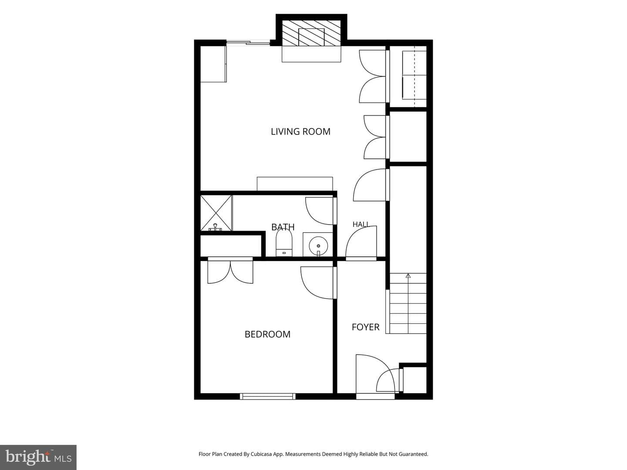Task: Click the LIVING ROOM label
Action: (x=300, y=131)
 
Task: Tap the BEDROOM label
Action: (x=267, y=334)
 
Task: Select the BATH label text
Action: (x=283, y=227)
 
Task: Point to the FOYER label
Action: (x=365, y=327)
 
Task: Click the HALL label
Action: (x=361, y=224)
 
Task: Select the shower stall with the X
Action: (x=216, y=213)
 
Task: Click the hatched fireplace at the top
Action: (x=311, y=33)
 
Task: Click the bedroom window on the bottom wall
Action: (x=268, y=396)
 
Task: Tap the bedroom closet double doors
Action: (x=230, y=272)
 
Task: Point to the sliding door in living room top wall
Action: (x=248, y=43)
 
